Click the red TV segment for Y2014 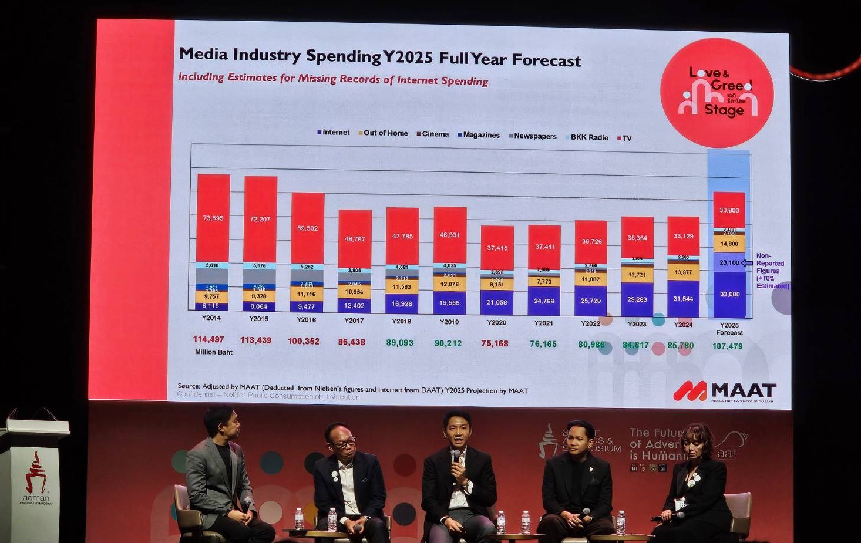(x=213, y=218)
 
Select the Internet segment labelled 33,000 (x=729, y=294)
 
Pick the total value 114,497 (x=208, y=339)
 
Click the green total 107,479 (x=727, y=346)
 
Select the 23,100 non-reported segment (x=729, y=262)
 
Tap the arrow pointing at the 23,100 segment (x=747, y=263)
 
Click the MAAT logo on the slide (x=725, y=391)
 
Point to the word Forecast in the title (x=546, y=60)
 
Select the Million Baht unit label (x=214, y=352)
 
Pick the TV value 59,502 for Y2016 (x=307, y=228)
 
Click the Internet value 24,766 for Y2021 (x=544, y=301)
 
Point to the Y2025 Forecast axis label (x=729, y=329)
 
